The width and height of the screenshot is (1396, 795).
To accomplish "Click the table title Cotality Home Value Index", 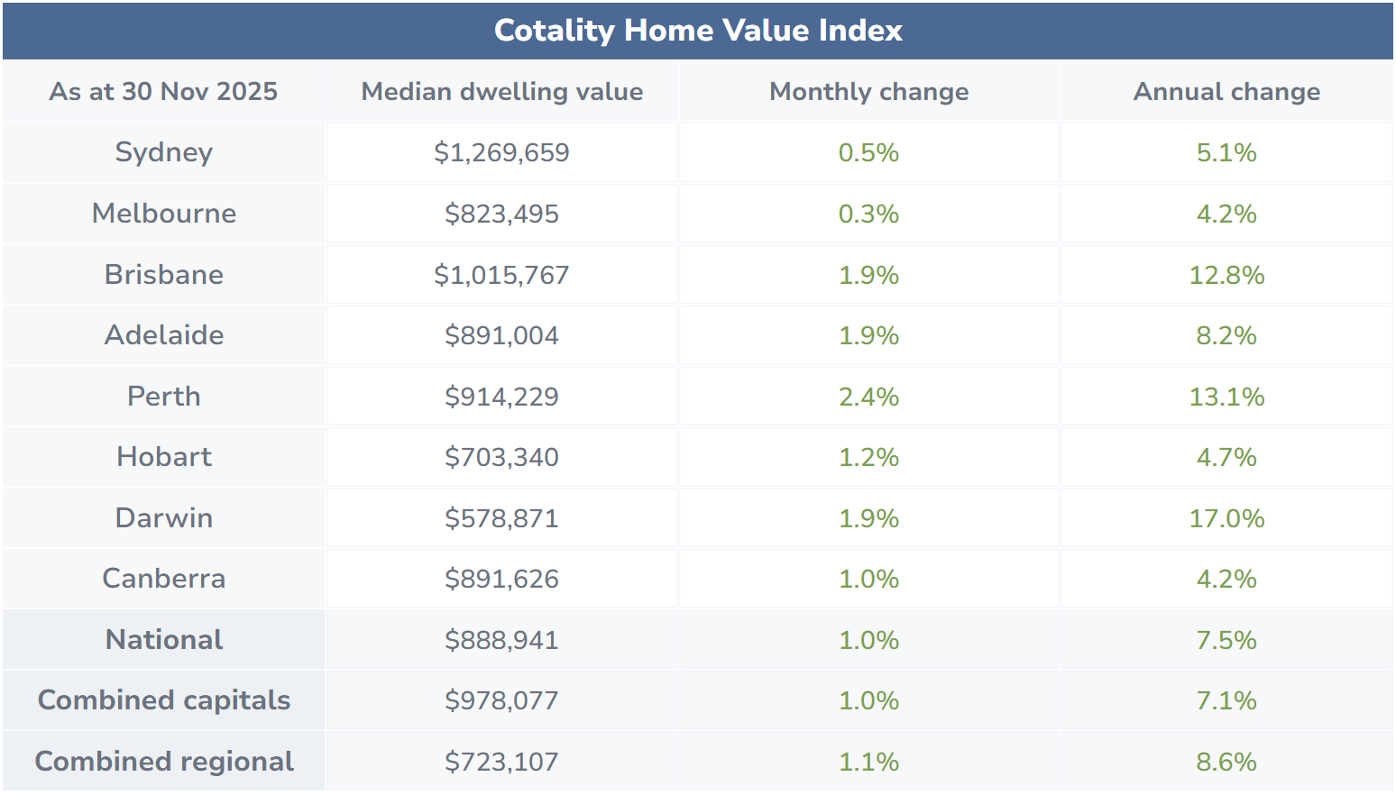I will [698, 31].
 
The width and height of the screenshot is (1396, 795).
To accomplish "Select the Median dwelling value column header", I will [501, 91].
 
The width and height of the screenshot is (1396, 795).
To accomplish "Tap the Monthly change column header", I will [868, 91].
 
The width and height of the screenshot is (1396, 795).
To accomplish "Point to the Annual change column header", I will [1226, 91].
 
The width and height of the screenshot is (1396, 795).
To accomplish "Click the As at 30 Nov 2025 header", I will [163, 91].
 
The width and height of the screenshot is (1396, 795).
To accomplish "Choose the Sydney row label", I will [163, 152].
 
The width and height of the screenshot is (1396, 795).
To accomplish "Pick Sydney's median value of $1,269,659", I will [501, 152].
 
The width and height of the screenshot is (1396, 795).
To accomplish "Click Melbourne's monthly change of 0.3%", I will [868, 214].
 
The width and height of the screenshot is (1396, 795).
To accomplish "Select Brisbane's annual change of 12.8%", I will [1226, 275].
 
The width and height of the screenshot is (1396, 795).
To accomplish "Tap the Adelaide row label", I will [163, 335].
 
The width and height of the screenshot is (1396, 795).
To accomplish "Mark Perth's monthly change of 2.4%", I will [868, 397].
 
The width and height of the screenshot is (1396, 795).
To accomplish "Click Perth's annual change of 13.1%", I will [1226, 397].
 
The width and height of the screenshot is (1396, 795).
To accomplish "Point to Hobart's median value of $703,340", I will [501, 457].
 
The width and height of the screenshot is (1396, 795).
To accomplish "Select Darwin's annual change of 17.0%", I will [1226, 518].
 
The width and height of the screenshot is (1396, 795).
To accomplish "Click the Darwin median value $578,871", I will [501, 518].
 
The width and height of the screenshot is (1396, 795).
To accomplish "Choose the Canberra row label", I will [163, 579].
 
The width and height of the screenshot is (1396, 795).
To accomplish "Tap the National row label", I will [163, 640].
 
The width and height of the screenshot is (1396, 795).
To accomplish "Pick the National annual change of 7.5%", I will [1226, 640].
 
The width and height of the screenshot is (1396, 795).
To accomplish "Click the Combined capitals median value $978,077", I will [501, 700].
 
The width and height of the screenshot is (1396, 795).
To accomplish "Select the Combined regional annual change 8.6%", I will [1226, 762].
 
